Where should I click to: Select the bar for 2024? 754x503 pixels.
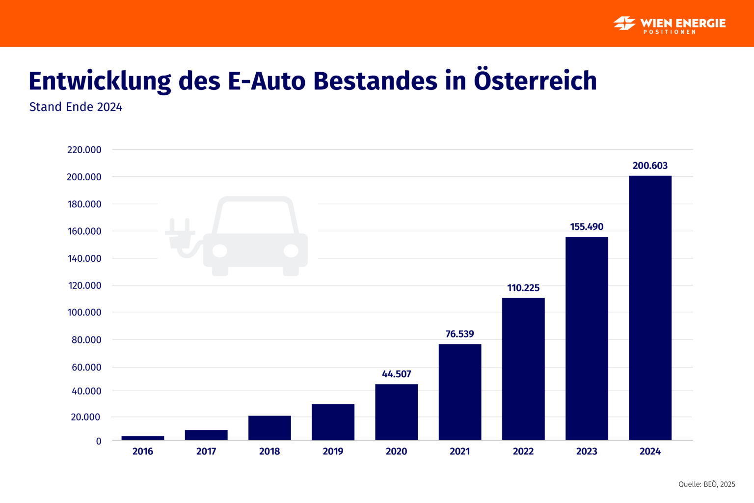pos(650,308)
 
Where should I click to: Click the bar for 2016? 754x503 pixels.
pos(143,438)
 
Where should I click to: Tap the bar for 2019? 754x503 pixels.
pos(333,422)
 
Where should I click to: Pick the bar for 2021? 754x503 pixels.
pos(460,392)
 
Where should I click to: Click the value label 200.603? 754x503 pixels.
pos(650,166)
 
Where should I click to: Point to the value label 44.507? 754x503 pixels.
pos(396,374)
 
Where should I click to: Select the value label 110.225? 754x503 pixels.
pos(523,288)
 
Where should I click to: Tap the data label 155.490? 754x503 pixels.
pos(587,226)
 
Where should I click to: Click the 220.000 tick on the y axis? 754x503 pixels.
pos(84,150)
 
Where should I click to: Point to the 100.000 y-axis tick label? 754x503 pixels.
pos(84,312)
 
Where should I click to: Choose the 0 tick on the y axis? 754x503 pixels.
pos(99,441)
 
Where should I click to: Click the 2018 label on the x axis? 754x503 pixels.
pos(269,451)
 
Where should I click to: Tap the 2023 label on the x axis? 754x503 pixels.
pos(587,451)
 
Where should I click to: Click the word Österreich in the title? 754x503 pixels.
pos(535,81)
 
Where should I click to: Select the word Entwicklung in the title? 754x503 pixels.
pos(100,82)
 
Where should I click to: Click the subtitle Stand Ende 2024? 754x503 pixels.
pos(76,107)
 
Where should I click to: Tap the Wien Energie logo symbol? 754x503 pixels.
pos(624,23)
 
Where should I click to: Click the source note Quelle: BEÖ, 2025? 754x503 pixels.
pos(707,484)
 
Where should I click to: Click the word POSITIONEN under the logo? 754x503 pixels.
pos(670,32)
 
